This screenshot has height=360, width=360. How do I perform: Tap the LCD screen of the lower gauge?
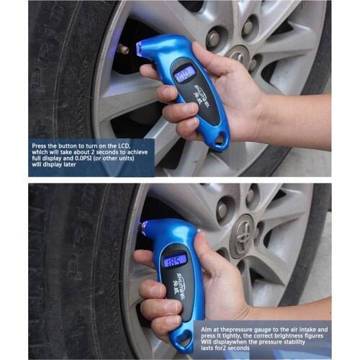pyautogui.click(x=174, y=260)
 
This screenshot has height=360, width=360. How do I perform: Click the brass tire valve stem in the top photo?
pyautogui.click(x=122, y=49)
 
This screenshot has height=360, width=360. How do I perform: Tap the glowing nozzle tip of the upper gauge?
pyautogui.click(x=141, y=49)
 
